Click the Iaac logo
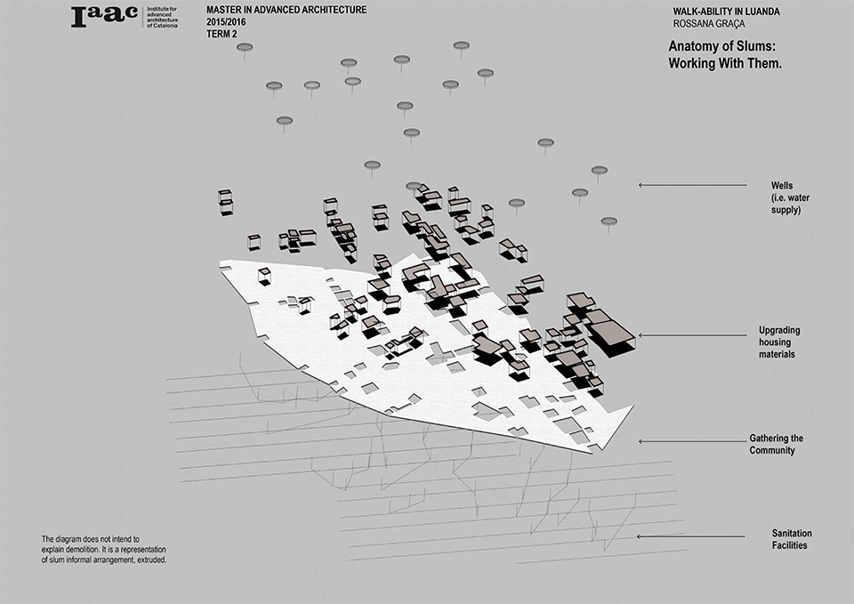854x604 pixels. (104, 17)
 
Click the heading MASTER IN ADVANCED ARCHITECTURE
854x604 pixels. (286, 10)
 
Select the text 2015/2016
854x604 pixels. (226, 22)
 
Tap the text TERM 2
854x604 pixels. (222, 34)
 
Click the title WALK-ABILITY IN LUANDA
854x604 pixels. (726, 12)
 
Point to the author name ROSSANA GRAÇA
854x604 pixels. (709, 23)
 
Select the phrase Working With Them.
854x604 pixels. (725, 63)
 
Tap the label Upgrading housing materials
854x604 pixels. (779, 342)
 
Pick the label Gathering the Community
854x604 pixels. (776, 444)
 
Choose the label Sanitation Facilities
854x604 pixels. (792, 539)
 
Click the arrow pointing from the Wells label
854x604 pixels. (693, 185)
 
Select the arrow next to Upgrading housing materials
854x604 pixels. (693, 335)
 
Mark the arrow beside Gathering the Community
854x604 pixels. (693, 441)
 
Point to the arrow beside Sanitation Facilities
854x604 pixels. (691, 536)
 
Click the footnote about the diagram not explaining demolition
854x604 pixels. (103, 550)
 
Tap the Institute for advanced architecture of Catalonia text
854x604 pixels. (162, 17)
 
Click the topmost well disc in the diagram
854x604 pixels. (462, 44)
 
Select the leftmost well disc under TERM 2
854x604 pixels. (245, 47)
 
